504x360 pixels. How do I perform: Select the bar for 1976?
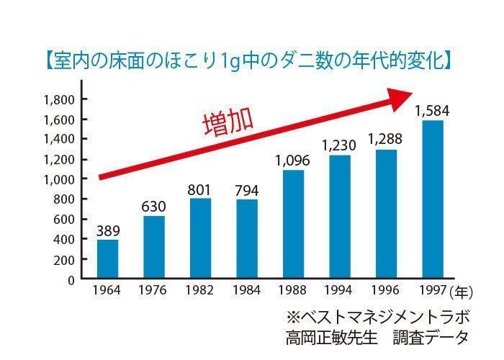coord(153,248)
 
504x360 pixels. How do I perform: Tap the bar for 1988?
coord(293,225)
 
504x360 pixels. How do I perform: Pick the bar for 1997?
coord(432,199)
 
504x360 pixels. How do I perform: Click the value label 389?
coord(108,231)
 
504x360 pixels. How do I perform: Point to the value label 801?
coord(201,190)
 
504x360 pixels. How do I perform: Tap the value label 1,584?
coord(432,112)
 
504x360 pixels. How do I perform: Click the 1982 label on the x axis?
coord(200,291)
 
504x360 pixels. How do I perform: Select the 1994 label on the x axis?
coord(340,291)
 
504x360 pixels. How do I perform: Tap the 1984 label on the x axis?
coord(247,291)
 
